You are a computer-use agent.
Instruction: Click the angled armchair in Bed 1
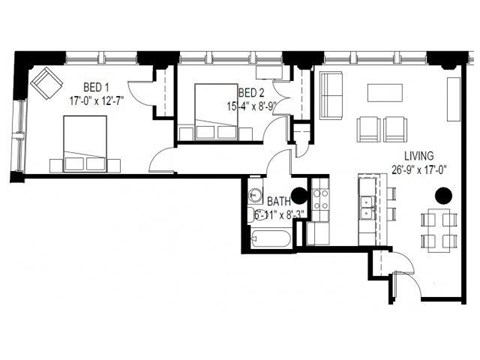(x=45, y=83)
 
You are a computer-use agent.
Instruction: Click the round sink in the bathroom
(x=255, y=197)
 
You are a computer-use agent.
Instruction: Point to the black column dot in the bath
(x=298, y=196)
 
